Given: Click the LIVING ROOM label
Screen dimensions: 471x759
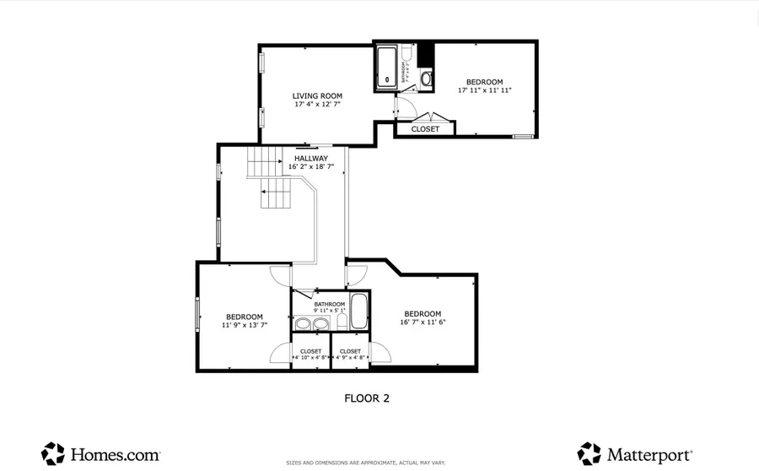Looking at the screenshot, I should (x=317, y=96).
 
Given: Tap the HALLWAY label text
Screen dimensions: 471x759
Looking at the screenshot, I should (x=311, y=158).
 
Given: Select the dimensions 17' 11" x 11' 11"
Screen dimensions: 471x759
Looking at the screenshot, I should (x=485, y=90).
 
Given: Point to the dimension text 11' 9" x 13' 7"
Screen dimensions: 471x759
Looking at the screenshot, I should (x=245, y=325).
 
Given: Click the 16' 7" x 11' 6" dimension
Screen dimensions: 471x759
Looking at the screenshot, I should (x=422, y=322).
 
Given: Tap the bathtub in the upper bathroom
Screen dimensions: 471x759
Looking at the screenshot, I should (x=388, y=67).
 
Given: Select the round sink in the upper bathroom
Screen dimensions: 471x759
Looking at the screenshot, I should (x=426, y=80).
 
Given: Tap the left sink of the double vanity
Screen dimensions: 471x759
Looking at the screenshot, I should (x=302, y=323).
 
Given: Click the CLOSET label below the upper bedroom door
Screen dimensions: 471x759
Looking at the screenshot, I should (x=425, y=129).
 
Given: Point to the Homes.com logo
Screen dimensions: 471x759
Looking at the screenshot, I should (x=89, y=453).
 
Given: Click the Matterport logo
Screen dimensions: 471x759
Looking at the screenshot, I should (x=635, y=453).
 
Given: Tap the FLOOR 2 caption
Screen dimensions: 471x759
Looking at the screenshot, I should (x=367, y=398).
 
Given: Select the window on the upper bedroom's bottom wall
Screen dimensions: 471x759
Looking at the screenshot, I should (x=523, y=136).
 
